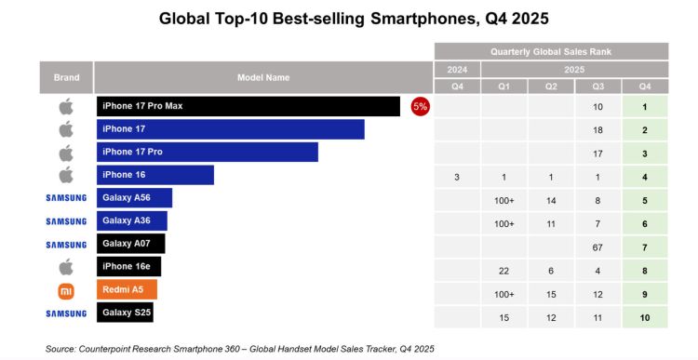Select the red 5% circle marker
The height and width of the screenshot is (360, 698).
[x=420, y=106]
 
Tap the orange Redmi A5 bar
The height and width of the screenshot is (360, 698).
[x=127, y=290]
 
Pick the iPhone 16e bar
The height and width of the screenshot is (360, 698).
[x=128, y=267]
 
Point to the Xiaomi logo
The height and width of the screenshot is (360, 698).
[x=65, y=290]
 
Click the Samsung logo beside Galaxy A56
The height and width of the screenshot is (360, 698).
[x=65, y=198]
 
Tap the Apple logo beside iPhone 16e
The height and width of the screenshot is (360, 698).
[x=65, y=267]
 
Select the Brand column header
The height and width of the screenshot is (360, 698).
[x=65, y=77]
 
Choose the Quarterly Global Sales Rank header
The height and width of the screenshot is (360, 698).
[x=551, y=51]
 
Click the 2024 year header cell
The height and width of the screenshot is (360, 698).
[x=457, y=69]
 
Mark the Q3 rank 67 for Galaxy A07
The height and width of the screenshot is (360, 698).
[x=597, y=245]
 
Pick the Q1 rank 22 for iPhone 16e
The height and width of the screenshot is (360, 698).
[x=503, y=268]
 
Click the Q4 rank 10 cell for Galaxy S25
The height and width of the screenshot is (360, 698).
[x=645, y=314]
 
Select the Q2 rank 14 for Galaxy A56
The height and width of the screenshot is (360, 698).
[x=550, y=198]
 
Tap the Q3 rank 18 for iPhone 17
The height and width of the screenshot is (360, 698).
[x=597, y=129]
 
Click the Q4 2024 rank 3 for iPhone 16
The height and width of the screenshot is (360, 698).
[x=457, y=175]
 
